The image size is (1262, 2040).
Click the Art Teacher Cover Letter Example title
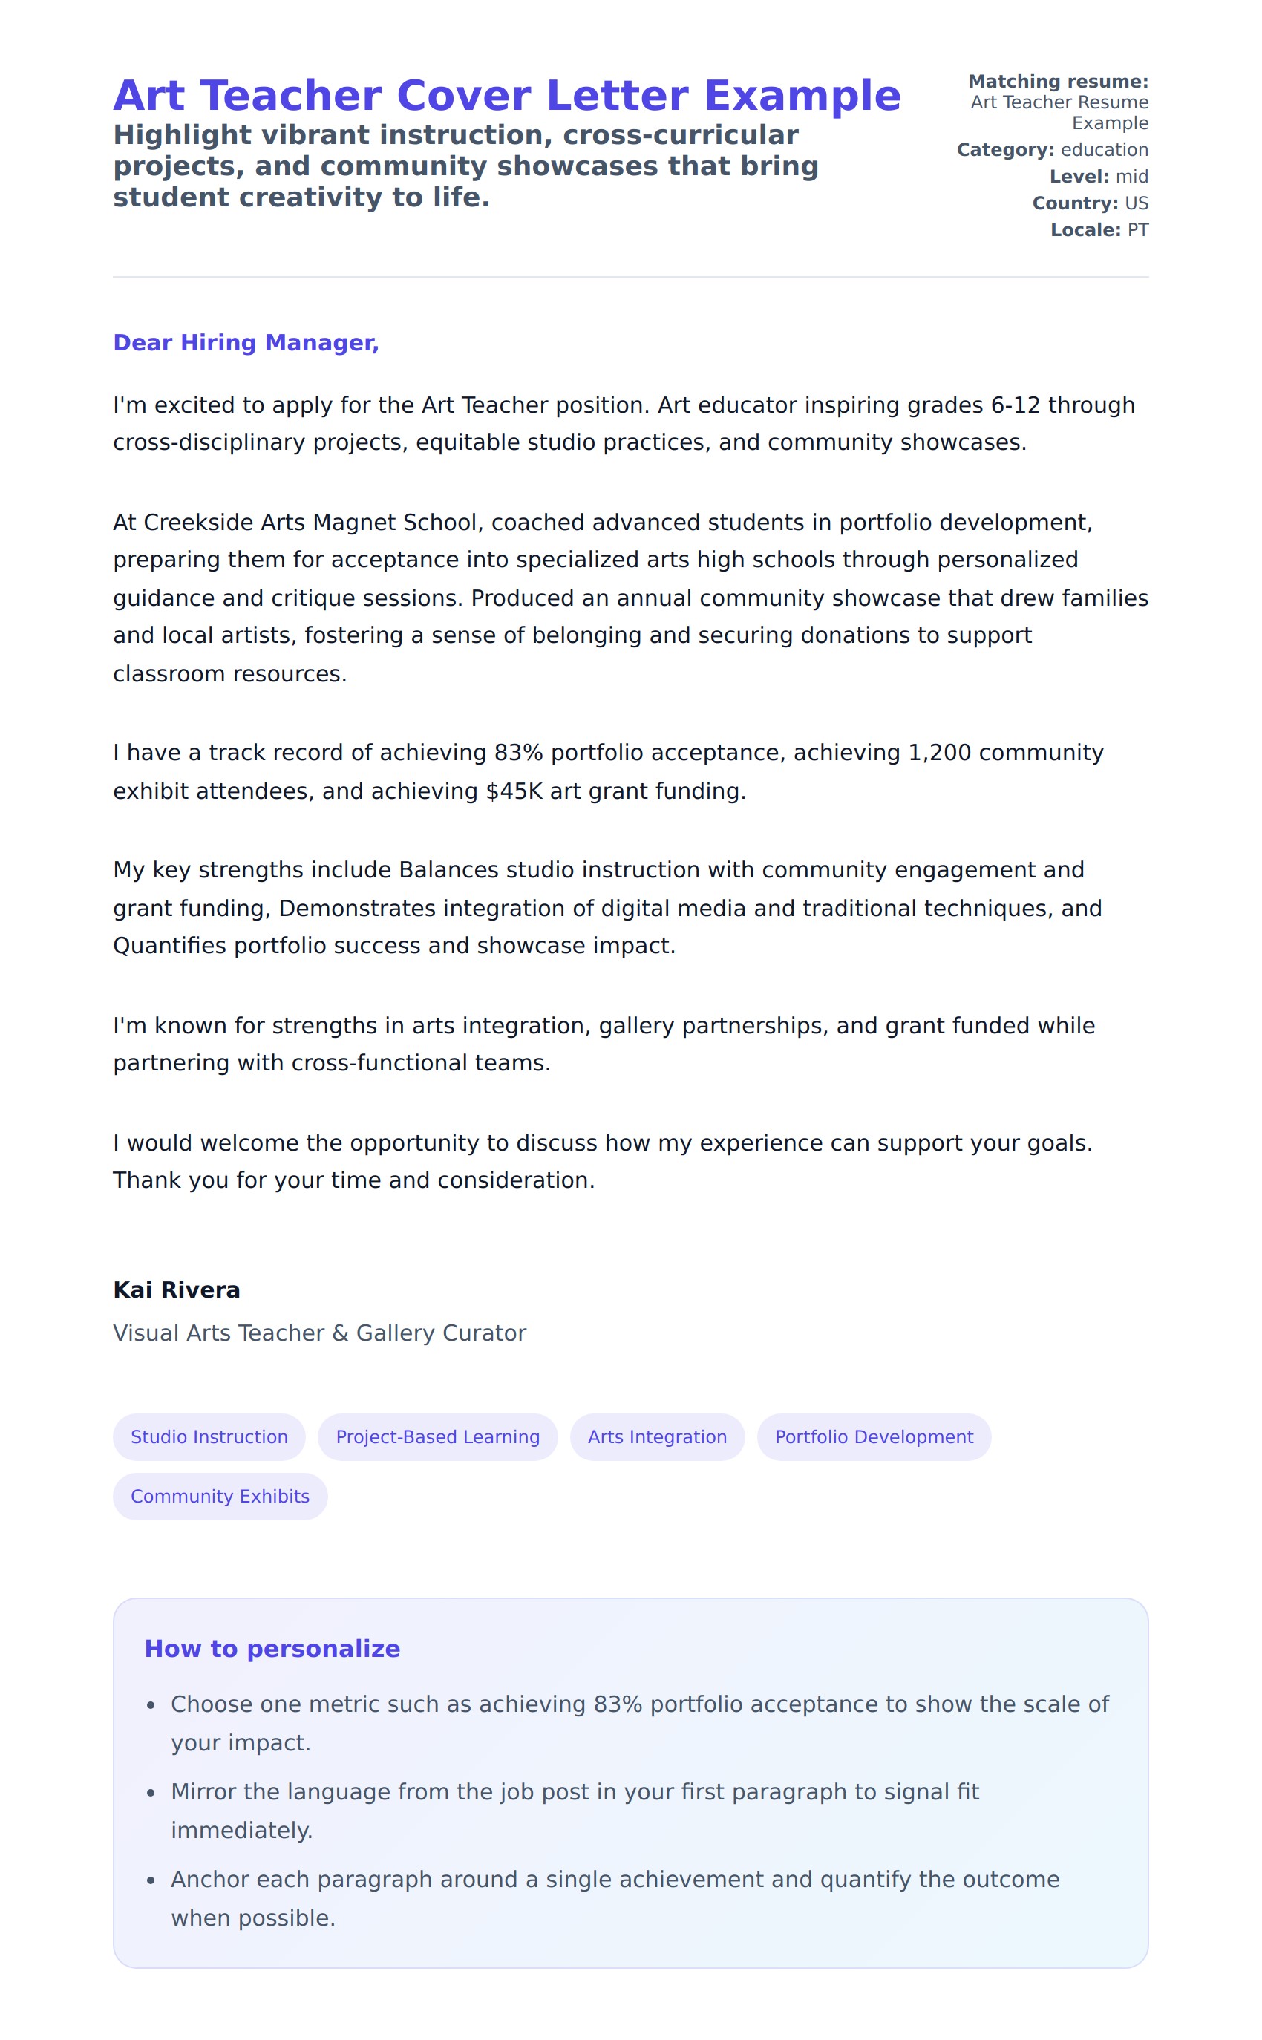pos(506,95)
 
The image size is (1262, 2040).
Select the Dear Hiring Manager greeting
pos(246,342)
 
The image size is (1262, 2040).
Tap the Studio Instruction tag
pos(209,1436)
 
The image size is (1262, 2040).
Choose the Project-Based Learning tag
pos(437,1436)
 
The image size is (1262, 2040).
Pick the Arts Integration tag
pos(657,1436)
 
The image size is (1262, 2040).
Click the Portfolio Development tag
pos(874,1436)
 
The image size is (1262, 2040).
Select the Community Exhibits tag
pos(220,1496)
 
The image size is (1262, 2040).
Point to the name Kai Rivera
pos(176,1289)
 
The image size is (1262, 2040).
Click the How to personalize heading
pos(272,1649)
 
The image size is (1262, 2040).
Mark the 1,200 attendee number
pos(939,752)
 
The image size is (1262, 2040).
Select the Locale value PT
pos(1137,229)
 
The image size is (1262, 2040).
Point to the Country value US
pos(1136,203)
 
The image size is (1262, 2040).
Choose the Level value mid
pos(1132,176)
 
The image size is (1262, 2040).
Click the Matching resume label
pos(1058,81)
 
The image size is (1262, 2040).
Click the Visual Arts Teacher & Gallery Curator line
pos(320,1333)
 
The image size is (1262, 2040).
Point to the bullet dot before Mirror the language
pos(151,1793)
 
